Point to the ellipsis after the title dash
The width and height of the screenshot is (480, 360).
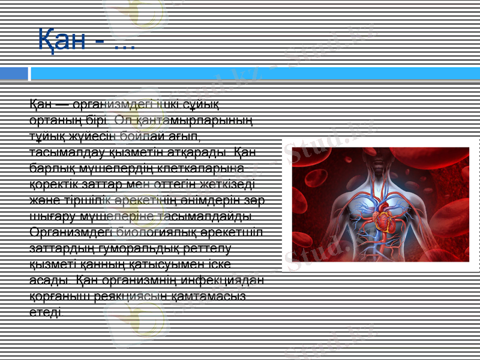coord(124,44)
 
